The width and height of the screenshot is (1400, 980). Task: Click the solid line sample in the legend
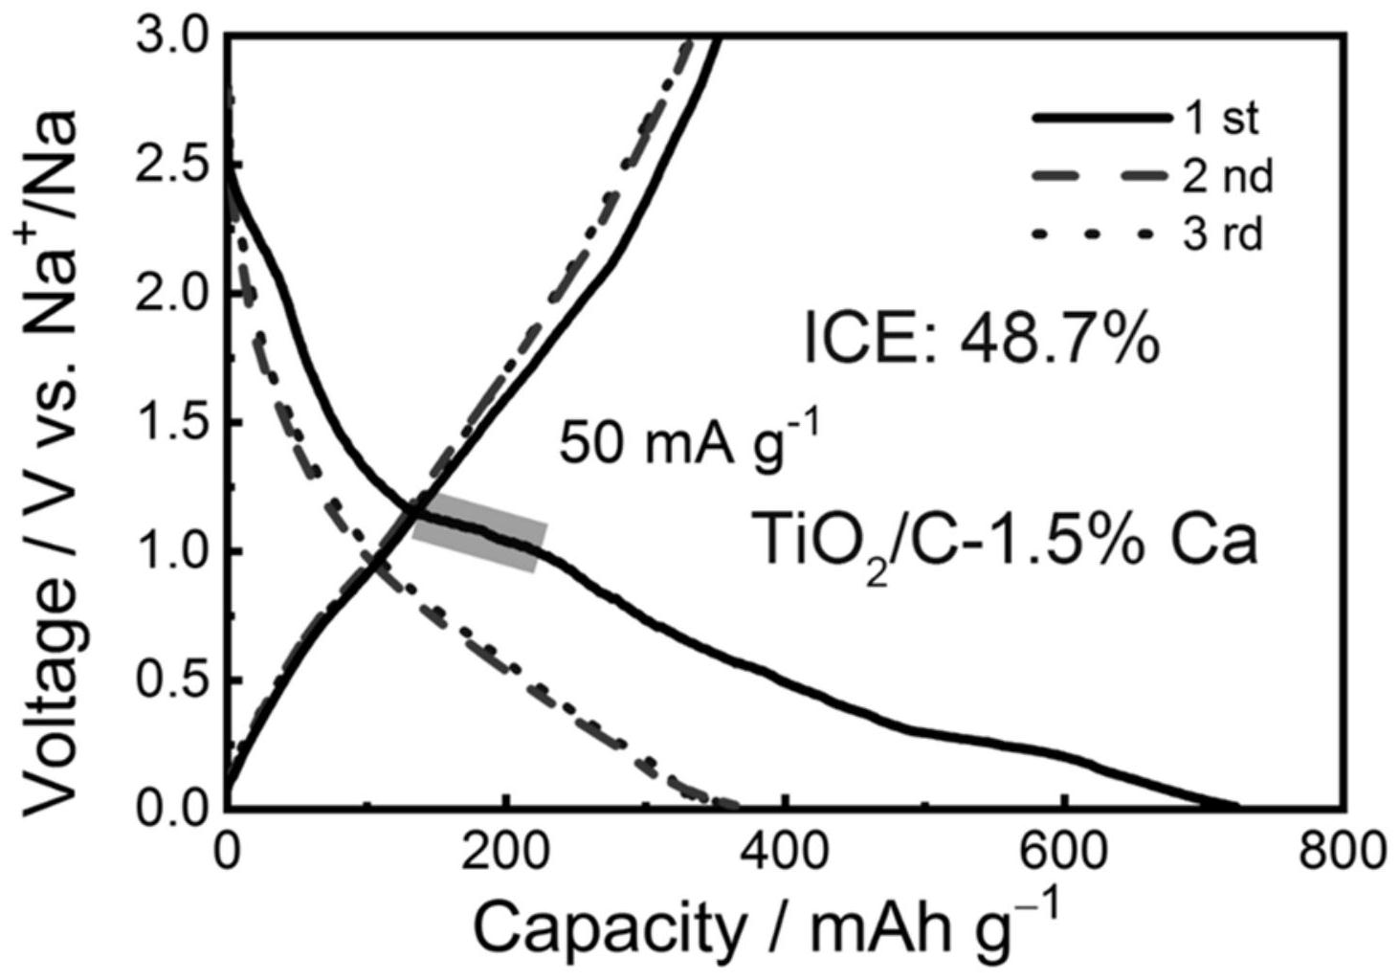1101,119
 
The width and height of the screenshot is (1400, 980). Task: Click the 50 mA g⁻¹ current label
689,444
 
